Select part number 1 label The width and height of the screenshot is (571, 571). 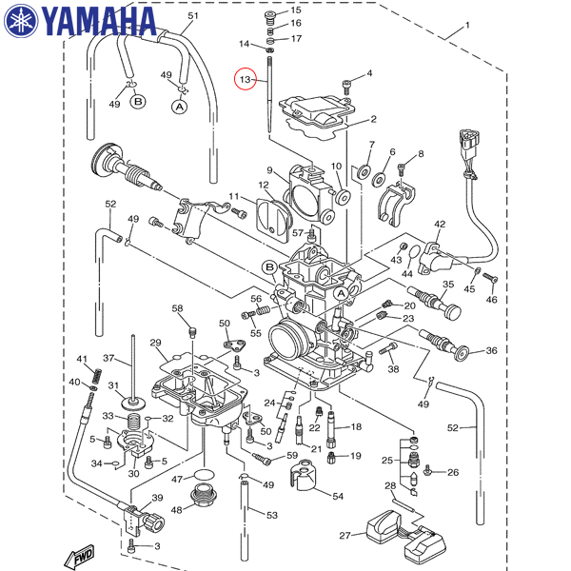(x=466, y=25)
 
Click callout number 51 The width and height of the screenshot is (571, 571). (x=193, y=16)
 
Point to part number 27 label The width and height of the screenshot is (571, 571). (x=345, y=535)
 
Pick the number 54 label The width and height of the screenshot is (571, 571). (x=337, y=495)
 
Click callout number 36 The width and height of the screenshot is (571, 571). (x=491, y=351)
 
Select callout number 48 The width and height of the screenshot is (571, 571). (x=176, y=509)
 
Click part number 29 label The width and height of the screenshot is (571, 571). (x=155, y=343)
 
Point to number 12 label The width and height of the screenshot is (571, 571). (x=264, y=185)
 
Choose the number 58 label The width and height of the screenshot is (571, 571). (x=177, y=308)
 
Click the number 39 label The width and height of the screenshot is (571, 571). (x=157, y=498)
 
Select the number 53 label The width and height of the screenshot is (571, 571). (x=271, y=515)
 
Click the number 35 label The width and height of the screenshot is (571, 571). (x=448, y=285)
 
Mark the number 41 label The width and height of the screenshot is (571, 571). (x=82, y=358)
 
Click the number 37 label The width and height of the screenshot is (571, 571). (x=109, y=359)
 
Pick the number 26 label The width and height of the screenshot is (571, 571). (x=453, y=472)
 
